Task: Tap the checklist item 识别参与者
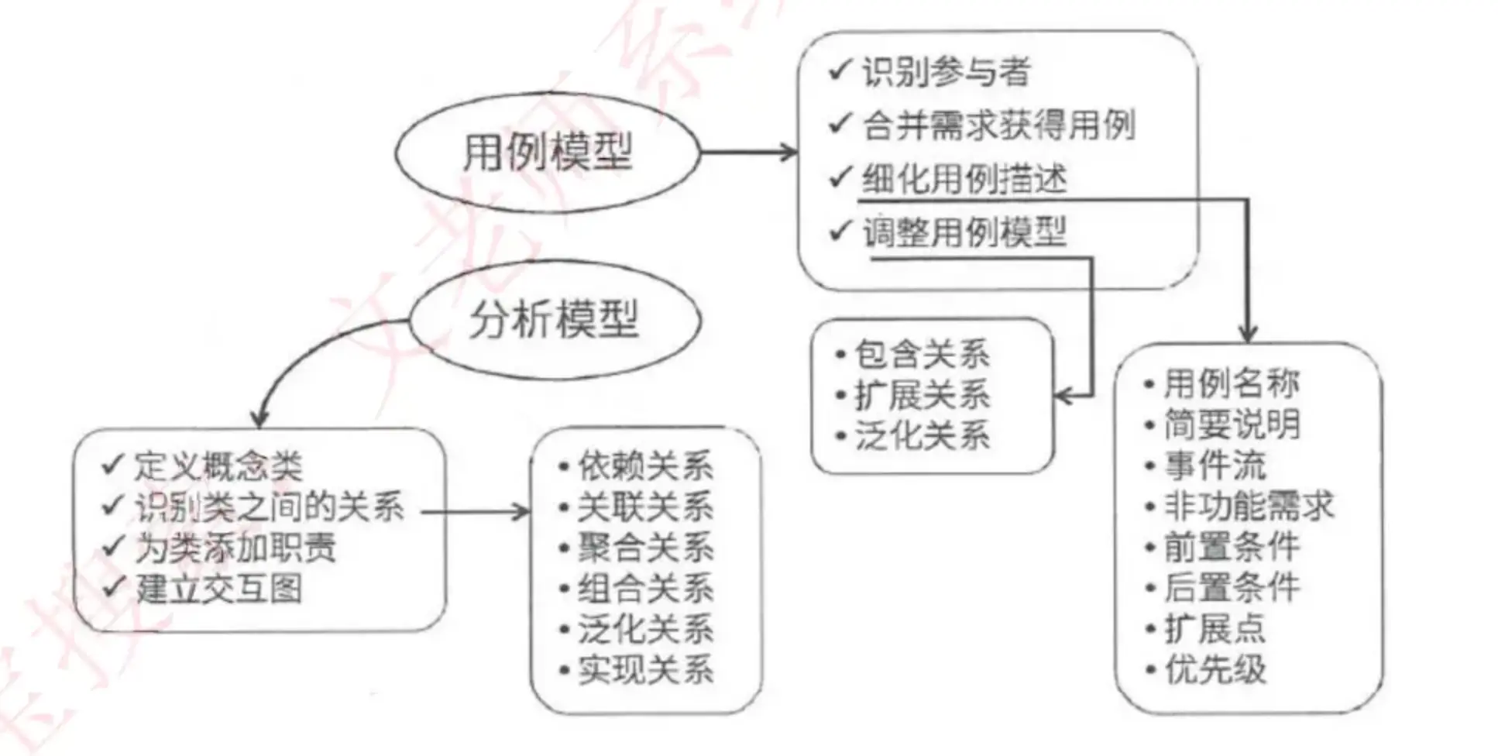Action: click(x=945, y=72)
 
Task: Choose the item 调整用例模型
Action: click(x=964, y=232)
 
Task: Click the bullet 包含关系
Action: click(x=922, y=355)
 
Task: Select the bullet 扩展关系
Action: click(x=922, y=395)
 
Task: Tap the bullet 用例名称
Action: click(x=1232, y=383)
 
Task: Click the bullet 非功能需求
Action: click(x=1249, y=506)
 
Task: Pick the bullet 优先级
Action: click(x=1215, y=669)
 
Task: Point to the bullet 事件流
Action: click(x=1215, y=465)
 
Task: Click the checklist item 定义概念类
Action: click(x=218, y=466)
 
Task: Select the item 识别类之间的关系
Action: click(x=270, y=507)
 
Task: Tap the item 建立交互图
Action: click(x=218, y=589)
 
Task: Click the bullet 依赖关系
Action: click(x=644, y=466)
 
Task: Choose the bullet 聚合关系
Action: click(x=644, y=548)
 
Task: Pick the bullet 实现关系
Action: click(x=644, y=670)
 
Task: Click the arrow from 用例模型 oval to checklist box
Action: click(x=749, y=152)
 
